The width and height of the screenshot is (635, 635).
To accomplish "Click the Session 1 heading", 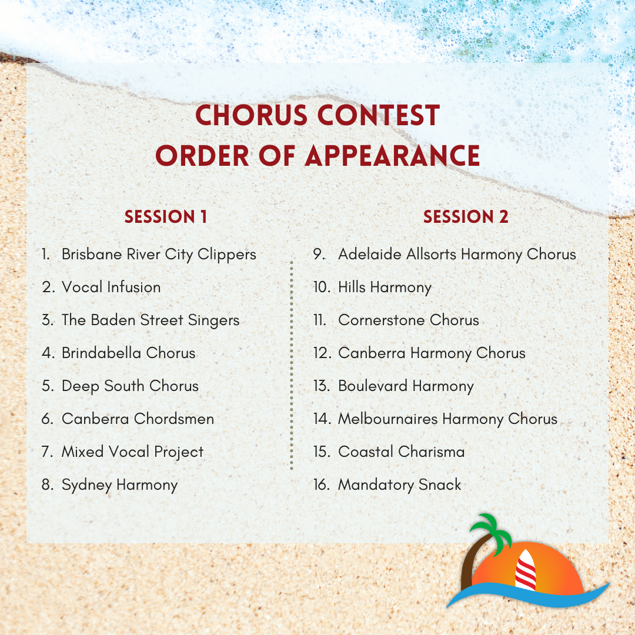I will point(166,217).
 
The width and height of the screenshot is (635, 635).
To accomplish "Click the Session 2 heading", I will point(466,217).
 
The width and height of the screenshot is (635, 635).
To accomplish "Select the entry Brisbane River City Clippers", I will point(159,255).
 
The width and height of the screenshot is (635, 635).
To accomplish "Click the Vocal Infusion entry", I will point(111,288).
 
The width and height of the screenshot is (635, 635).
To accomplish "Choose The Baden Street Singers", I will point(151,320).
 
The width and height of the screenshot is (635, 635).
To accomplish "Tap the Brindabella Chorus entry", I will point(128,353).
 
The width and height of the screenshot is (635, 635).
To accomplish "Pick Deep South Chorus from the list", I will point(130,386).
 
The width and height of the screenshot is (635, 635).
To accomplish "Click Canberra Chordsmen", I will point(138,419).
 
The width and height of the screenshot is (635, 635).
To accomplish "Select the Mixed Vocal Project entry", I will point(132,452).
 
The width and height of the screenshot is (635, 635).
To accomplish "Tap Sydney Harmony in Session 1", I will point(119,485).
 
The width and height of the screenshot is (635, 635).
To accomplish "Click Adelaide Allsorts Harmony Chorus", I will point(457,255).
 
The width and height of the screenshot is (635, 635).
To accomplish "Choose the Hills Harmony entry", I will point(385,288).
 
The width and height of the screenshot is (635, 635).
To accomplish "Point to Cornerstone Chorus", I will point(408,320).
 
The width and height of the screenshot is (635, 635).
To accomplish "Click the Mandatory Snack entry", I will point(399,485).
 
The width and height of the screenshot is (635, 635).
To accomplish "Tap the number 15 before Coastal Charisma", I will point(321,452).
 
